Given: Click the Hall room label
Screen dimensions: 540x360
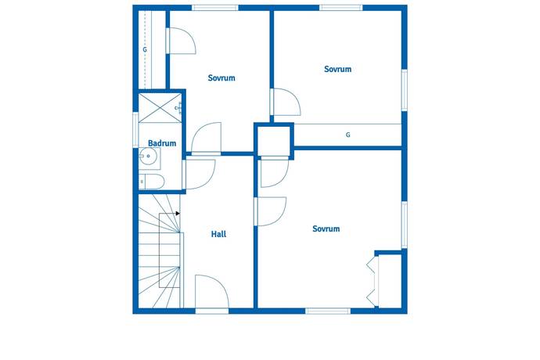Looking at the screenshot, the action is [x=218, y=234].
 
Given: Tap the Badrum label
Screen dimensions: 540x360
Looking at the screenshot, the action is [x=162, y=143].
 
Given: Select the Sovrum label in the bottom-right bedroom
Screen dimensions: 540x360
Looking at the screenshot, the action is [x=326, y=229].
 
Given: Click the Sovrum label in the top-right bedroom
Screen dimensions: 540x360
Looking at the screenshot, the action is [x=337, y=69].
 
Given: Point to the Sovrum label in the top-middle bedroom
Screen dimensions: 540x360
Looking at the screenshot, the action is [x=221, y=77].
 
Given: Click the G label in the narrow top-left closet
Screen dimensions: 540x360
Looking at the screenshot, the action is [x=145, y=49].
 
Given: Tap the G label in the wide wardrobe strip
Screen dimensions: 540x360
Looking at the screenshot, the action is [x=347, y=135].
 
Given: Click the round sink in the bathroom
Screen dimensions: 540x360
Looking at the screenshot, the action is [x=149, y=156].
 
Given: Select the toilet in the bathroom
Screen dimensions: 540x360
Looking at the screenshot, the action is [x=152, y=182].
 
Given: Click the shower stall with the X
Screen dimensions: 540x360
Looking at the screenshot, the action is [x=160, y=108].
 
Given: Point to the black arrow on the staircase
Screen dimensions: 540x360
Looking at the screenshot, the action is [x=178, y=214].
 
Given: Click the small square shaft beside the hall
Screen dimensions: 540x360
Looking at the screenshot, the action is [x=274, y=141].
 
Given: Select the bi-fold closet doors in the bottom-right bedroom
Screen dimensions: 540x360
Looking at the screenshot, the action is [x=373, y=283].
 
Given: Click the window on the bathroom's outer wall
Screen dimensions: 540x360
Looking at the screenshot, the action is [x=135, y=130].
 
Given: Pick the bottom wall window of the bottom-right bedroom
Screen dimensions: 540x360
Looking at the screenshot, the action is [x=327, y=311].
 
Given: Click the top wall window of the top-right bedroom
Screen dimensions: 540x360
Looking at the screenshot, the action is [x=340, y=8].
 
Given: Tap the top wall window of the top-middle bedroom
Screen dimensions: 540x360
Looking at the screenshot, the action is [x=215, y=8].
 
